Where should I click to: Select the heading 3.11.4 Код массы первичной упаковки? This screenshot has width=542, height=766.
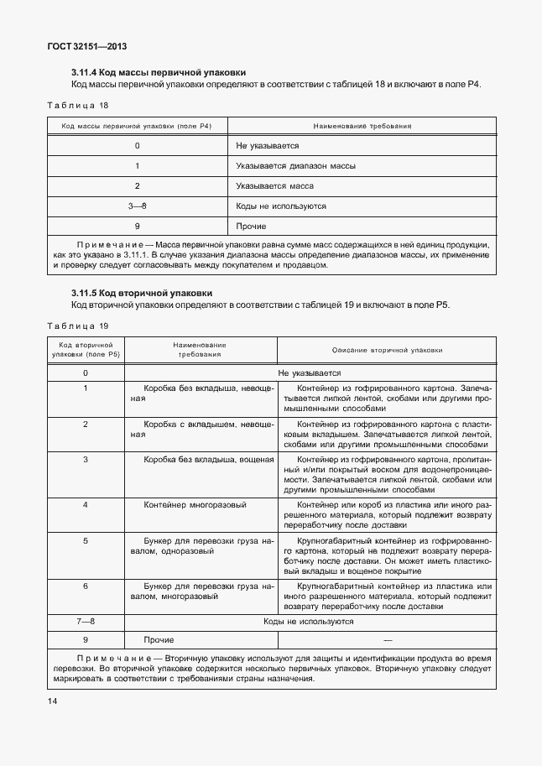point(159,73)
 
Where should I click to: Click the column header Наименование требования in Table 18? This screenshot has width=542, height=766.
point(362,126)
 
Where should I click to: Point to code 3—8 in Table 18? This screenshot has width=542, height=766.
point(137,206)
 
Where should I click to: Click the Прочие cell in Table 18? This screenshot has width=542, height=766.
point(251,227)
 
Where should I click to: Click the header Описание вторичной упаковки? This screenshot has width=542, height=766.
point(387,350)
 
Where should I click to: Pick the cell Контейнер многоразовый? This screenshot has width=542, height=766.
point(194,505)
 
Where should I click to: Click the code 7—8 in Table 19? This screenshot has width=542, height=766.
point(86,622)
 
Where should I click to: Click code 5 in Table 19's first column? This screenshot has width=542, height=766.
point(86,541)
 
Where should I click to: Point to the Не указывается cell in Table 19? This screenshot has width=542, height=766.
point(309,372)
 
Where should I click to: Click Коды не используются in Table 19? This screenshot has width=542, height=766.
point(309,622)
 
